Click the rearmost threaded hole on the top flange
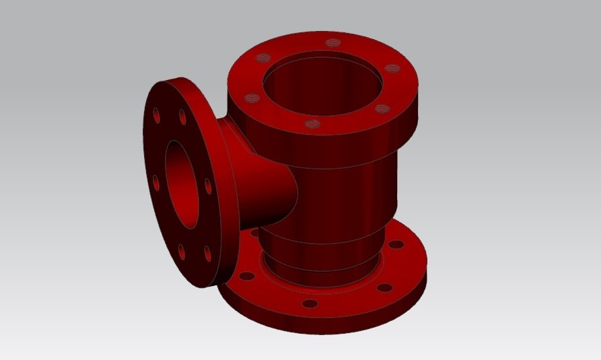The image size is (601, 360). (330, 43)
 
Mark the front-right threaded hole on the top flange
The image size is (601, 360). (382, 108)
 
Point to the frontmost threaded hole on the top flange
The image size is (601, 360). (311, 124)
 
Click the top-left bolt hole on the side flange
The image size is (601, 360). (157, 115)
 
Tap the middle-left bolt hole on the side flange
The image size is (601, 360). (156, 182)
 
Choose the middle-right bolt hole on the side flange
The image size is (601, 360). (208, 185)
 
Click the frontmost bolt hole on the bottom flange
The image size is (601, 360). (310, 303)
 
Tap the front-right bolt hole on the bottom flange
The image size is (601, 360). (384, 287)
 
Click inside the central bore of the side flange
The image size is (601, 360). (183, 182)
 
